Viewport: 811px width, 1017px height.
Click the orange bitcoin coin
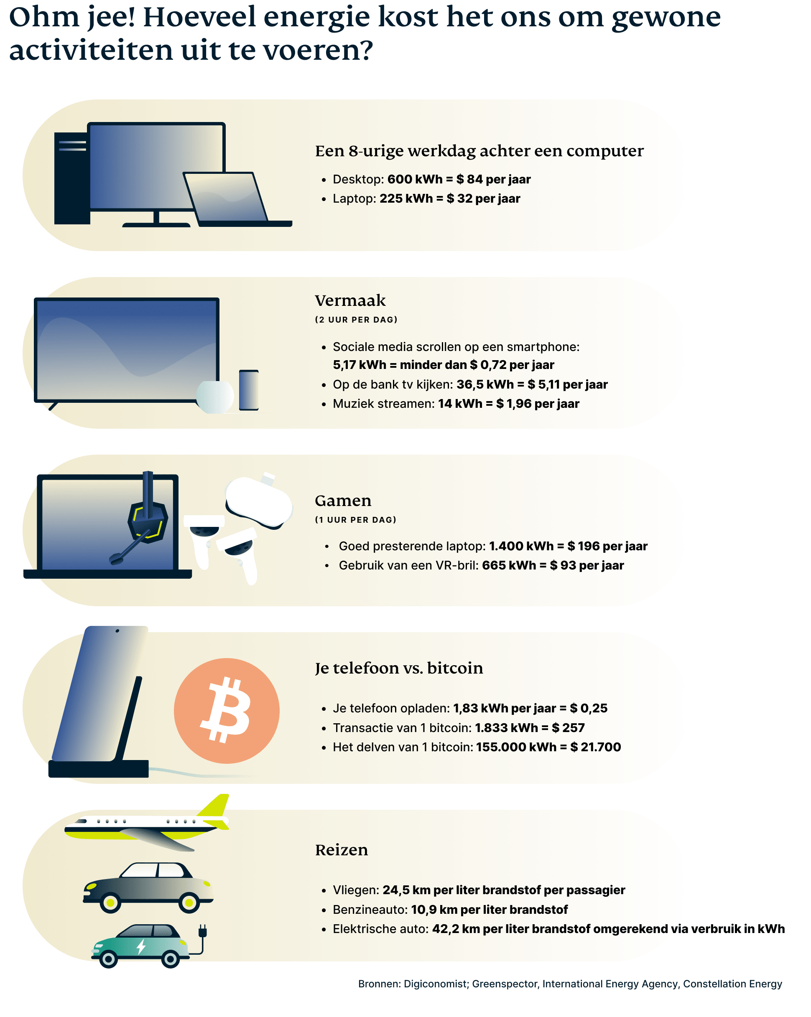click(x=227, y=710)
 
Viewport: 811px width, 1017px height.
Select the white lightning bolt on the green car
click(x=141, y=946)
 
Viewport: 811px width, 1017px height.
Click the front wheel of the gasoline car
click(x=189, y=903)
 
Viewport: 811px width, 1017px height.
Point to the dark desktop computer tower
click(x=72, y=178)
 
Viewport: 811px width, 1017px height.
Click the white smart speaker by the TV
click(x=215, y=396)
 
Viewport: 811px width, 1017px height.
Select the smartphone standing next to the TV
click(x=249, y=390)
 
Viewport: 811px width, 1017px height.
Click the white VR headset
click(x=259, y=502)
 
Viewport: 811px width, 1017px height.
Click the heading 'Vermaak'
click(x=350, y=300)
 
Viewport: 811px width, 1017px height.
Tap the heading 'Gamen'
click(x=343, y=501)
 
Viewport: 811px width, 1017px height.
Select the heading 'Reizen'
click(x=341, y=849)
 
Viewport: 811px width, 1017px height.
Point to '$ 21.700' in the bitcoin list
click(x=595, y=747)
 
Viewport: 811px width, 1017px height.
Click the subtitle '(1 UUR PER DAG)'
click(x=355, y=520)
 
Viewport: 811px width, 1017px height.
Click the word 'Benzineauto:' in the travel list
click(x=370, y=910)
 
